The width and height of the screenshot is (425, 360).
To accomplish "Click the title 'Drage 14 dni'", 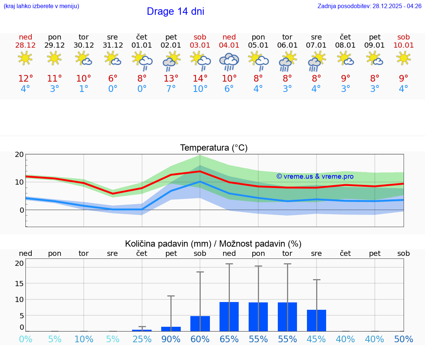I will [x=175, y=11].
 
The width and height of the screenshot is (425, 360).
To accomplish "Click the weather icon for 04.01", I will [x=229, y=61].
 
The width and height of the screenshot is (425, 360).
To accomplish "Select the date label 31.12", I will [x=113, y=45].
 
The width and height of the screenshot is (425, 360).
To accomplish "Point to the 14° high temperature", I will [x=200, y=79].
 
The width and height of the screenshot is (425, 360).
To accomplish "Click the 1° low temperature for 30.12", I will [x=84, y=89].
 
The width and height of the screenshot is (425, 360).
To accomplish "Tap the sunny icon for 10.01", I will [x=404, y=58].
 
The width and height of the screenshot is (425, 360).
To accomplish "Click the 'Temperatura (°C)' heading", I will [x=214, y=148].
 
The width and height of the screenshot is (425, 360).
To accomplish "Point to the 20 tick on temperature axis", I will [x=19, y=154].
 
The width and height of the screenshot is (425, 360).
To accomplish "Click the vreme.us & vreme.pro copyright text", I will [x=315, y=176].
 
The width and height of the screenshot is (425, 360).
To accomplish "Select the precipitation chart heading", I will [x=213, y=244].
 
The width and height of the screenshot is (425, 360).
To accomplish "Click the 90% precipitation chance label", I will [x=171, y=339].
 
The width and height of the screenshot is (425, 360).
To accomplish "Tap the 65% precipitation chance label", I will [x=229, y=339].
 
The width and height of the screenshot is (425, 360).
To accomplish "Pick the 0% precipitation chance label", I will [x=25, y=339].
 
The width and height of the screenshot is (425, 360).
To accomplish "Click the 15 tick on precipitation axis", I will [x=19, y=283].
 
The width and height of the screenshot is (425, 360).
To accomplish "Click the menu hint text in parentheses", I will [x=41, y=6].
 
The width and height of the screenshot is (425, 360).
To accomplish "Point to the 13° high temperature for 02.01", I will [x=171, y=79].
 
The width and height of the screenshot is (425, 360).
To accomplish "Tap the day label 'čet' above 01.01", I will [x=142, y=37].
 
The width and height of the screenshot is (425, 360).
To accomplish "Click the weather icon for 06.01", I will [x=287, y=61].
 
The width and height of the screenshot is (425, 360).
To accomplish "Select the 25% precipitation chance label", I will [x=142, y=339].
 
